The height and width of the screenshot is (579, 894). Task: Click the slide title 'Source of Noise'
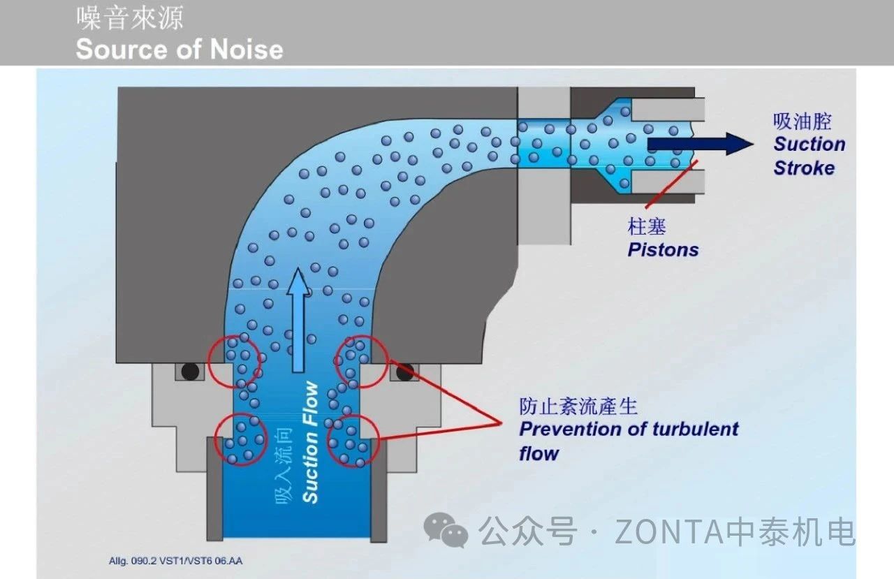(x=179, y=50)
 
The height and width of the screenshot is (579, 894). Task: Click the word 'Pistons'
(x=663, y=249)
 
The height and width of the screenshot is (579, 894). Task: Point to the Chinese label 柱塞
(x=647, y=226)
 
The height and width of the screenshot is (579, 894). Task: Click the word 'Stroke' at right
(x=804, y=168)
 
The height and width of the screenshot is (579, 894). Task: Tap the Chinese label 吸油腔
(x=803, y=121)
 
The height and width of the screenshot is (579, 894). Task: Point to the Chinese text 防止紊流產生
(x=578, y=406)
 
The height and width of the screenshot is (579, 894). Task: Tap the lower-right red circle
(x=353, y=440)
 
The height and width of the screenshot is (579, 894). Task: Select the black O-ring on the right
(x=404, y=373)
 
